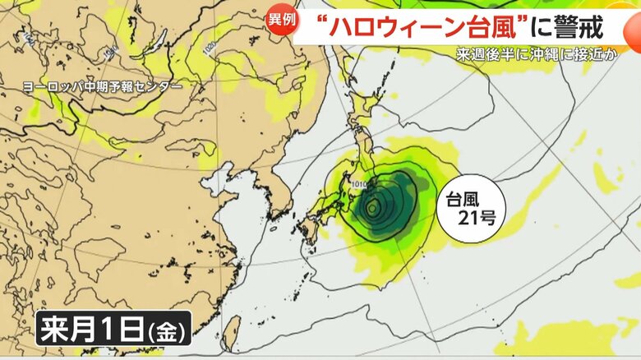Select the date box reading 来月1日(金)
pyautogui.click(x=113, y=330)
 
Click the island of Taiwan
pyautogui.click(x=232, y=333)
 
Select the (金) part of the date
pyautogui.click(x=168, y=332)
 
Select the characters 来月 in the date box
pyautogui.click(x=67, y=330)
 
